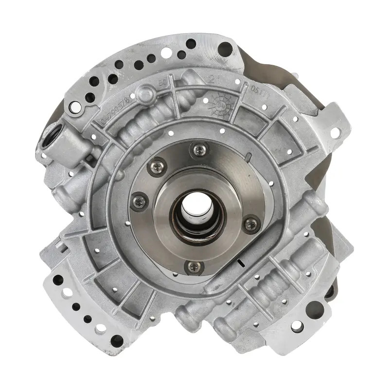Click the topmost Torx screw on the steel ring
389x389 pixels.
pos(199,149)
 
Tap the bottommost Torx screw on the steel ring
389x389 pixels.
pos(194,265)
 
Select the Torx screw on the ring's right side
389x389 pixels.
pos(251,224)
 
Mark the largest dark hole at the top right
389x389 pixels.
pos(225,48)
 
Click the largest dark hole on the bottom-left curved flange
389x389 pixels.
pos(116,340)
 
